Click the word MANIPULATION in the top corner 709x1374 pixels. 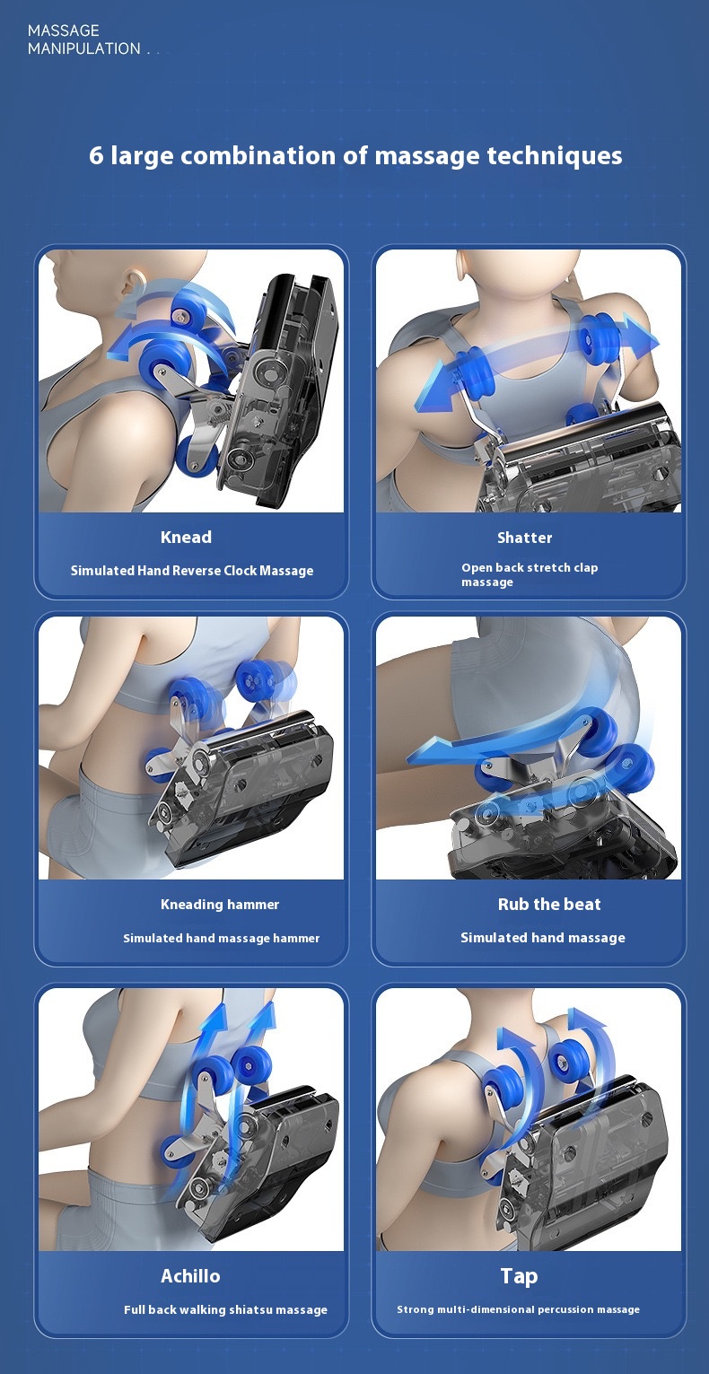coord(84,48)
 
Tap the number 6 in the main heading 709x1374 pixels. coord(96,156)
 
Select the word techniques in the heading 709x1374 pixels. coord(555,156)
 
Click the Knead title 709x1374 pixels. coord(186,538)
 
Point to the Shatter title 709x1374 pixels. coord(524,538)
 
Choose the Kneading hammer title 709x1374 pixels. coord(220,904)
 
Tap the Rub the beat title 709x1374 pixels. coord(549,904)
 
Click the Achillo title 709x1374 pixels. coord(190,1276)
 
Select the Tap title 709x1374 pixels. coord(519,1276)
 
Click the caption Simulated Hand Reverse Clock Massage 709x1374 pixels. coord(192,571)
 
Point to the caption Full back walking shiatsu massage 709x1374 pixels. coord(225,1309)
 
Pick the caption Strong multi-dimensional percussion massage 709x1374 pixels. coord(518,1309)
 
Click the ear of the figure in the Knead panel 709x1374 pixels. coord(132,284)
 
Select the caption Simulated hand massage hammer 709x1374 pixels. coord(222,938)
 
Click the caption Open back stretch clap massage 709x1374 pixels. coord(530,574)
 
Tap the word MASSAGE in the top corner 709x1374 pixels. coord(63,31)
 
